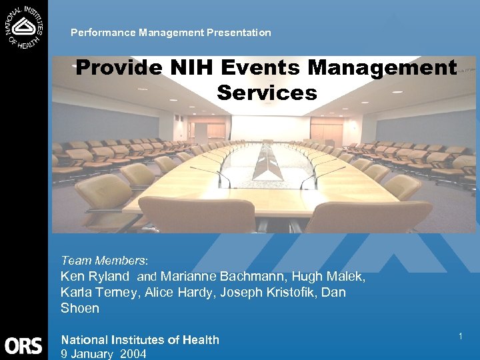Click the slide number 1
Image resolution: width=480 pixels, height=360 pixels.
[460, 337]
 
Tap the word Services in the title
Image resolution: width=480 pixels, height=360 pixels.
[267, 92]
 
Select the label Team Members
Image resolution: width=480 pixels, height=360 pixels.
[105, 261]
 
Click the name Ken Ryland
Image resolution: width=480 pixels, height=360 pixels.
[95, 277]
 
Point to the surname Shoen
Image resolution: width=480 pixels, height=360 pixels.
[80, 309]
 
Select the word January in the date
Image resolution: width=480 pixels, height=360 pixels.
[93, 354]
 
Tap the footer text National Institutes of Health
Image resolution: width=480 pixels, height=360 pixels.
[140, 340]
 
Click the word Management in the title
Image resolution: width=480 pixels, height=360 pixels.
[387, 68]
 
